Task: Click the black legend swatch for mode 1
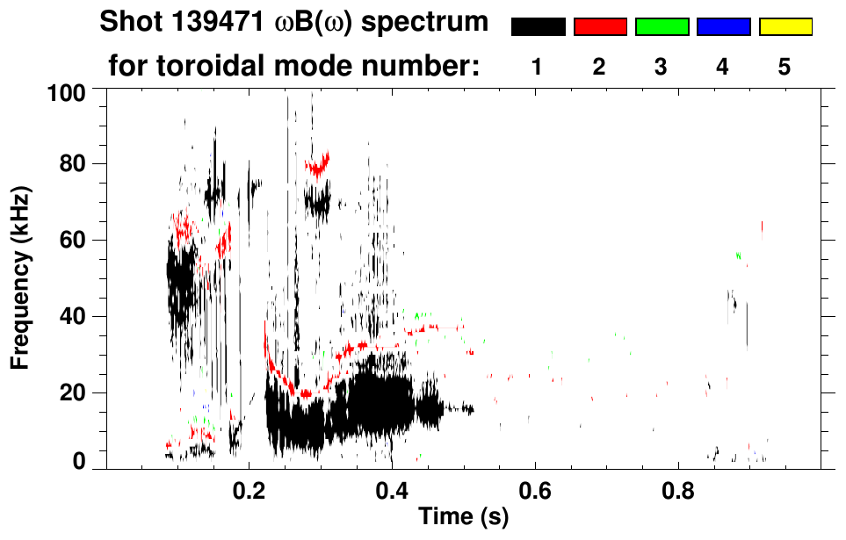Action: point(539,27)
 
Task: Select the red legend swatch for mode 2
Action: point(600,27)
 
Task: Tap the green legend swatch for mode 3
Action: point(662,27)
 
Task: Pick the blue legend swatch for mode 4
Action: point(723,27)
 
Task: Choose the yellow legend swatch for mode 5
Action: point(785,27)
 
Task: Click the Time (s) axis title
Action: point(463,517)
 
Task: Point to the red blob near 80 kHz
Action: point(317,164)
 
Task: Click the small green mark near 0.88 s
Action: point(739,255)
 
